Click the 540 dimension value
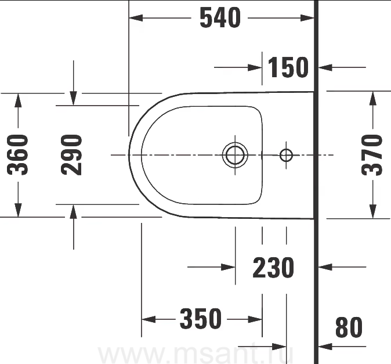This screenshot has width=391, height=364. [x=220, y=17]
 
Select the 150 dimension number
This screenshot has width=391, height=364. [x=288, y=67]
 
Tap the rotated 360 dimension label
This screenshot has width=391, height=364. [x=18, y=154]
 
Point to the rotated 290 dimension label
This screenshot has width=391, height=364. [x=71, y=155]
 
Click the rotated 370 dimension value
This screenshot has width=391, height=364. [x=372, y=155]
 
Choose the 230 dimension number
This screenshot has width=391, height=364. [x=273, y=268]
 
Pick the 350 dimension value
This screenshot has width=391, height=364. [x=201, y=319]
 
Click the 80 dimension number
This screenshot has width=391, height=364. [x=349, y=327]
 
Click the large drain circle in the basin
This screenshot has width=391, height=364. [x=235, y=154]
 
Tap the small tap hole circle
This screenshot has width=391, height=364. [x=286, y=155]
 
